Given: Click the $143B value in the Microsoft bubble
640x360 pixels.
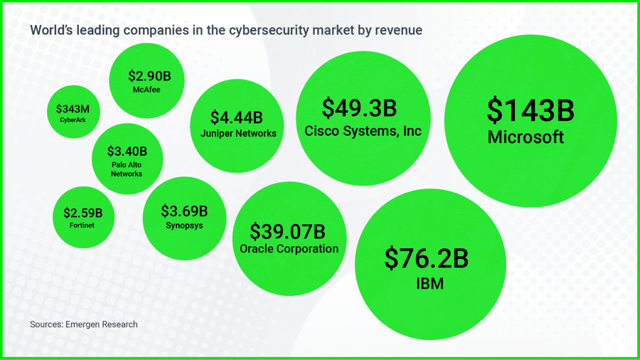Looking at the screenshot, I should pyautogui.click(x=530, y=110).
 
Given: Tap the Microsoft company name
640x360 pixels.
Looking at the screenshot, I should pyautogui.click(x=526, y=137).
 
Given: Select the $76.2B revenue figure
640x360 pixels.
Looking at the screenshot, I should pyautogui.click(x=427, y=258).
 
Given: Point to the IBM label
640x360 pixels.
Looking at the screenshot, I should pyautogui.click(x=430, y=284).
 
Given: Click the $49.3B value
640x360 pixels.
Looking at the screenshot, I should pyautogui.click(x=359, y=108).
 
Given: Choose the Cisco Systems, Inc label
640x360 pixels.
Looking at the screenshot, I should pyautogui.click(x=363, y=131).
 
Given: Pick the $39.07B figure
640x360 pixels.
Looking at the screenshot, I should pyautogui.click(x=287, y=231).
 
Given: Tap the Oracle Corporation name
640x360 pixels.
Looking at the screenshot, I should pyautogui.click(x=289, y=249).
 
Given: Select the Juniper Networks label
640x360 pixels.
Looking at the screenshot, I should pyautogui.click(x=238, y=133).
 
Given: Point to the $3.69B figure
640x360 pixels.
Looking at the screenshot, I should pyautogui.click(x=184, y=211).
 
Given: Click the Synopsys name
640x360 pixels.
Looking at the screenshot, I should pyautogui.click(x=184, y=226).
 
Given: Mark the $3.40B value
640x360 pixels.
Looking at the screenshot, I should pyautogui.click(x=127, y=152).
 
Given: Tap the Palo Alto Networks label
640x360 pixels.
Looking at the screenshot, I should pyautogui.click(x=127, y=169).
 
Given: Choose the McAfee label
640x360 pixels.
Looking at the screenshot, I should pyautogui.click(x=146, y=90).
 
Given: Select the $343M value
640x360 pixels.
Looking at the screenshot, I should pyautogui.click(x=73, y=110).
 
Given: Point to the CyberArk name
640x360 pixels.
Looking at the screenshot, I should pyautogui.click(x=73, y=120).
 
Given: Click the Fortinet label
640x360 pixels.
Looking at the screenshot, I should pyautogui.click(x=82, y=226).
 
